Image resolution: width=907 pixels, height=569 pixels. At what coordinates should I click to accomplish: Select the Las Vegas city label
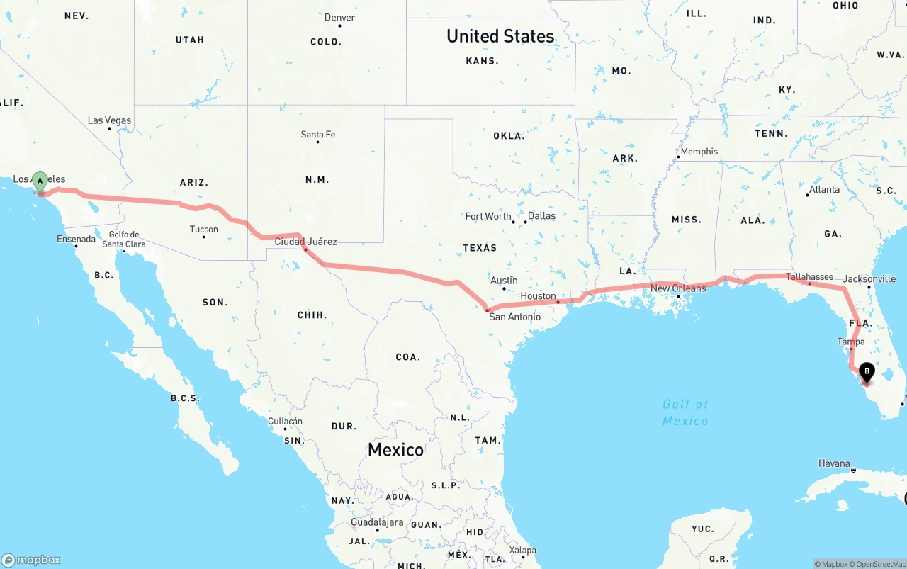(109, 120)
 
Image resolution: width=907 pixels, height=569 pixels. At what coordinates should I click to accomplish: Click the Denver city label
(339, 18)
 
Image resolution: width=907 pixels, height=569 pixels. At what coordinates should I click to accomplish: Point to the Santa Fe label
(317, 134)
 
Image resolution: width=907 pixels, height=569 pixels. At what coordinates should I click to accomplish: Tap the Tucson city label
(204, 229)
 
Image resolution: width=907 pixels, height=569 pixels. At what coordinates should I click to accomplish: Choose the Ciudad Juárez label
(305, 242)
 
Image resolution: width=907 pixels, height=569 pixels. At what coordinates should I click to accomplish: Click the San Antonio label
(514, 317)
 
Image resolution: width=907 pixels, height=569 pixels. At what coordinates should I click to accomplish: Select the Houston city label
(538, 295)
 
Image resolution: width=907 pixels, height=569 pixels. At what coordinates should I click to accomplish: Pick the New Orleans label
(678, 288)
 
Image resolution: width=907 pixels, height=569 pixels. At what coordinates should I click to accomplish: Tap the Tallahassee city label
(809, 276)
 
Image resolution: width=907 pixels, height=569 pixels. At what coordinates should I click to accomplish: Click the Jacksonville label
(869, 279)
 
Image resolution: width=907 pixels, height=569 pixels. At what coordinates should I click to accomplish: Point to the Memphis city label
(699, 151)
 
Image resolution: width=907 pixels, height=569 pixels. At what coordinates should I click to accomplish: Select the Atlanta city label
(824, 189)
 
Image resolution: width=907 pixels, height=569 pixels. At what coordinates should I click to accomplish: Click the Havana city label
(834, 463)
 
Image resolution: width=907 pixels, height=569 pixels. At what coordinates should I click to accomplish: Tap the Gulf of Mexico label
(685, 412)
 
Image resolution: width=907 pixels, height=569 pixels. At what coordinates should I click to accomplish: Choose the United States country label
(500, 36)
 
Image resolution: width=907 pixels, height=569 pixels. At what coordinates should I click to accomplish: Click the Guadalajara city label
(377, 522)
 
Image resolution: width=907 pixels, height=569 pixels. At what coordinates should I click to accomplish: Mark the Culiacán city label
(285, 421)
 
